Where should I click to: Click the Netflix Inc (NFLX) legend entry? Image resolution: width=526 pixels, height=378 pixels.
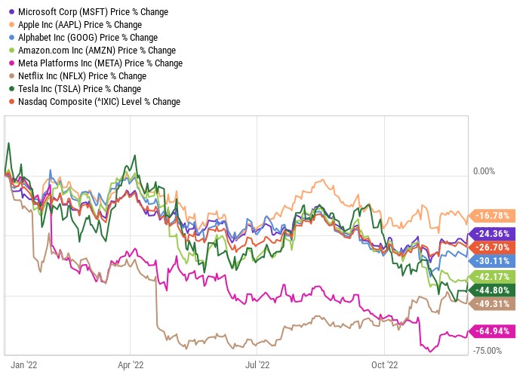click(x=81, y=76)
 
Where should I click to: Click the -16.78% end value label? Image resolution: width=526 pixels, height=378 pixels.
click(x=494, y=214)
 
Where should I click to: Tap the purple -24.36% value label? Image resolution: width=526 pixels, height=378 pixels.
click(x=494, y=234)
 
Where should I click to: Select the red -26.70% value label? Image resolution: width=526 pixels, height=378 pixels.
click(x=494, y=247)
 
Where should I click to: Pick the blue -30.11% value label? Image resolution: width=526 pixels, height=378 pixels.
click(x=494, y=260)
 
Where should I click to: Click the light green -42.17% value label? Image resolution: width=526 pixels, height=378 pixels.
click(x=494, y=276)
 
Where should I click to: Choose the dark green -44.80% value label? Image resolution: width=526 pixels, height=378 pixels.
click(x=494, y=290)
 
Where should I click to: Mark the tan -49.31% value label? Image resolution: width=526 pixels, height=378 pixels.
click(x=494, y=303)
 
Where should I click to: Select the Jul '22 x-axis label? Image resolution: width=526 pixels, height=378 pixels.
click(x=257, y=364)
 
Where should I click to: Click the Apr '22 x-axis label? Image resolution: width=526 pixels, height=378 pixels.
click(x=131, y=364)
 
